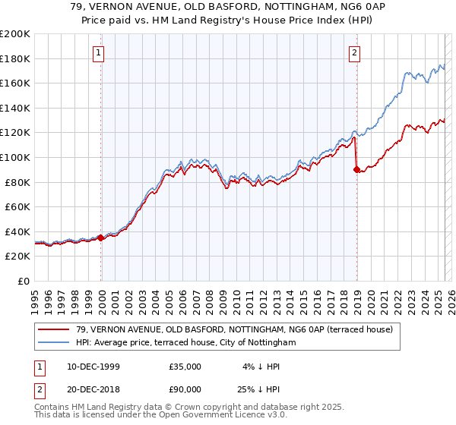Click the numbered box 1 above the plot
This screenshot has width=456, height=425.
(x=100, y=52)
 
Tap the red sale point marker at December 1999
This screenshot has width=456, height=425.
(x=101, y=238)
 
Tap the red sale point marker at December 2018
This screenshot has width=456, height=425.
(x=356, y=169)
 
